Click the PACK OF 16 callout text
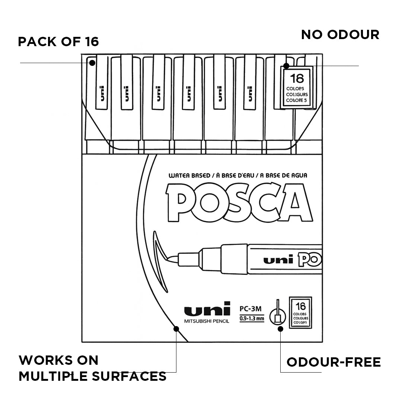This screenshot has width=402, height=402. (58, 41)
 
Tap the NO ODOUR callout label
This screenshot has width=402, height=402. (340, 35)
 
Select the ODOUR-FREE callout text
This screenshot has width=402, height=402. (334, 362)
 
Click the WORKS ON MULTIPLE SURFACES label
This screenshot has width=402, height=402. (92, 368)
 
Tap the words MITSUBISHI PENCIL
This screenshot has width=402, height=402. (207, 321)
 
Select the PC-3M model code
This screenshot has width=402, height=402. (251, 309)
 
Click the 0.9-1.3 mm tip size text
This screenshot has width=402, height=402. (252, 318)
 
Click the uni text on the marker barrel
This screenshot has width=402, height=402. (278, 260)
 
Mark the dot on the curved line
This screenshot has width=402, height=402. (176, 329)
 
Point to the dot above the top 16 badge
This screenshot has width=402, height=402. (286, 66)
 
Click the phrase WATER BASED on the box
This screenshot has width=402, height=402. (189, 176)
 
